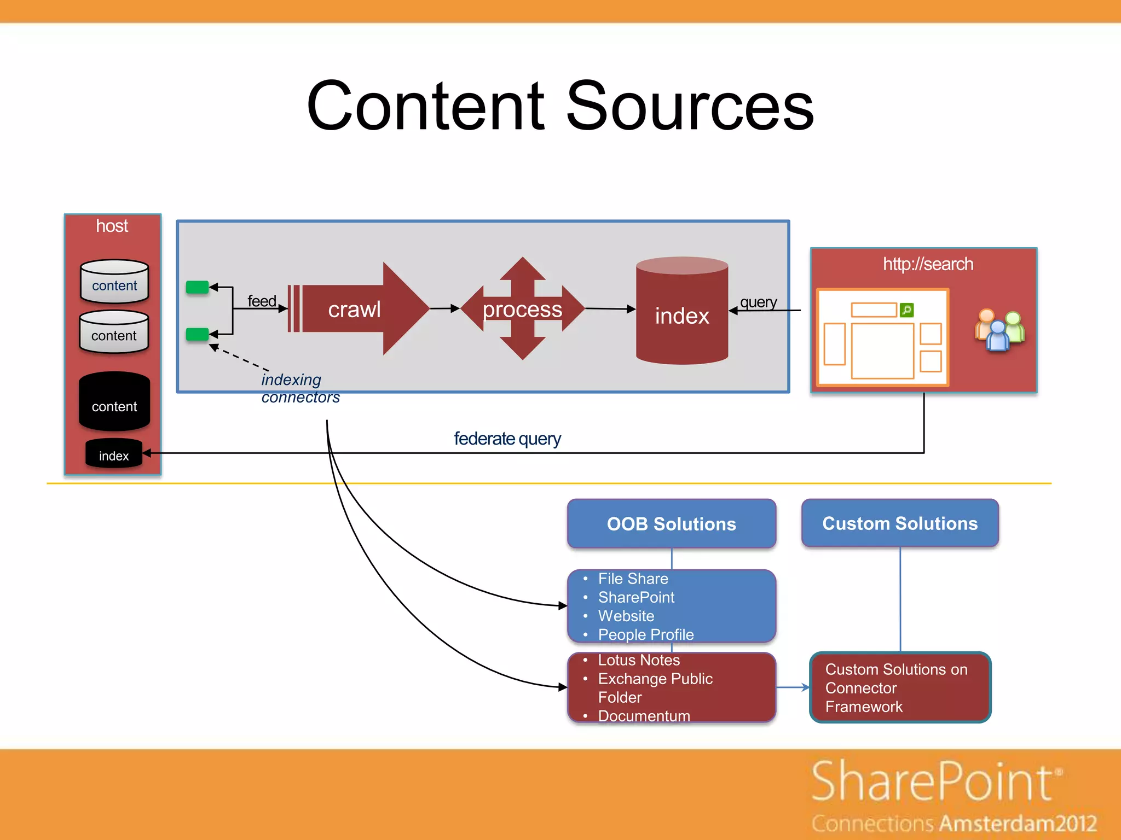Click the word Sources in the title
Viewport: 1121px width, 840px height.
[x=690, y=107]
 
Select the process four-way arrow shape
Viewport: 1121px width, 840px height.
[x=522, y=310]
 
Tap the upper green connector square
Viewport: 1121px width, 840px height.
[x=197, y=287]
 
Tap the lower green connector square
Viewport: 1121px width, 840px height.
[x=197, y=334]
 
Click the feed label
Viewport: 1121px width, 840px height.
[x=262, y=301]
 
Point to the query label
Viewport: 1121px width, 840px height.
[x=758, y=302]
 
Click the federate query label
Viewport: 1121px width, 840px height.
[x=507, y=439]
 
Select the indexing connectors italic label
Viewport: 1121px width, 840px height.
[x=299, y=388]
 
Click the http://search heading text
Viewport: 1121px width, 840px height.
[x=928, y=264]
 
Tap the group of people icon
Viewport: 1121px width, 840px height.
[x=999, y=330]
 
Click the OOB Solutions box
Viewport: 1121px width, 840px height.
[x=672, y=524]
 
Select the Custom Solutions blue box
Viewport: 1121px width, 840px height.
[x=900, y=523]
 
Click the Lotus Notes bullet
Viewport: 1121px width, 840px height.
[x=639, y=660]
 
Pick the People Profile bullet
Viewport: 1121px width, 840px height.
[x=646, y=634]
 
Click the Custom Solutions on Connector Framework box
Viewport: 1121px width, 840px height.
[x=900, y=687]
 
